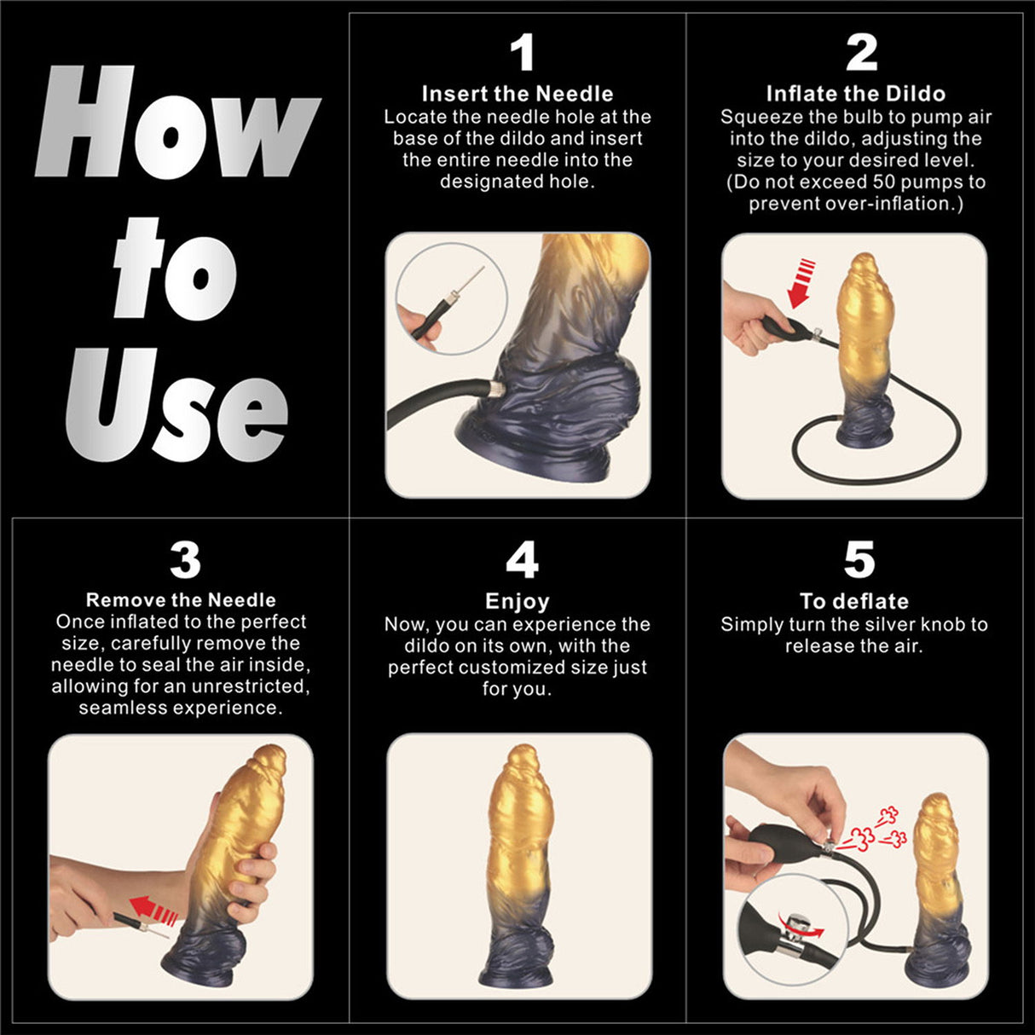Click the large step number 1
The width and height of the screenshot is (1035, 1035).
(522, 53)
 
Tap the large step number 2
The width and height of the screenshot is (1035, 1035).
(861, 53)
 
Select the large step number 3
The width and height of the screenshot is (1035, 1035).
(185, 560)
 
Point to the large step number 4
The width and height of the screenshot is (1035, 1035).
(522, 560)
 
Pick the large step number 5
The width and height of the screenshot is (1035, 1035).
(859, 560)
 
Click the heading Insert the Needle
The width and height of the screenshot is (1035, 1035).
(517, 94)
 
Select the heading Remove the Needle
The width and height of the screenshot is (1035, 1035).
(181, 600)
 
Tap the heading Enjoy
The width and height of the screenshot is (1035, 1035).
(517, 601)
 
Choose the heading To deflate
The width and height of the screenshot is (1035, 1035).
(854, 601)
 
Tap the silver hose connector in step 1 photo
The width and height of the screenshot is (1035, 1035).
(492, 390)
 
